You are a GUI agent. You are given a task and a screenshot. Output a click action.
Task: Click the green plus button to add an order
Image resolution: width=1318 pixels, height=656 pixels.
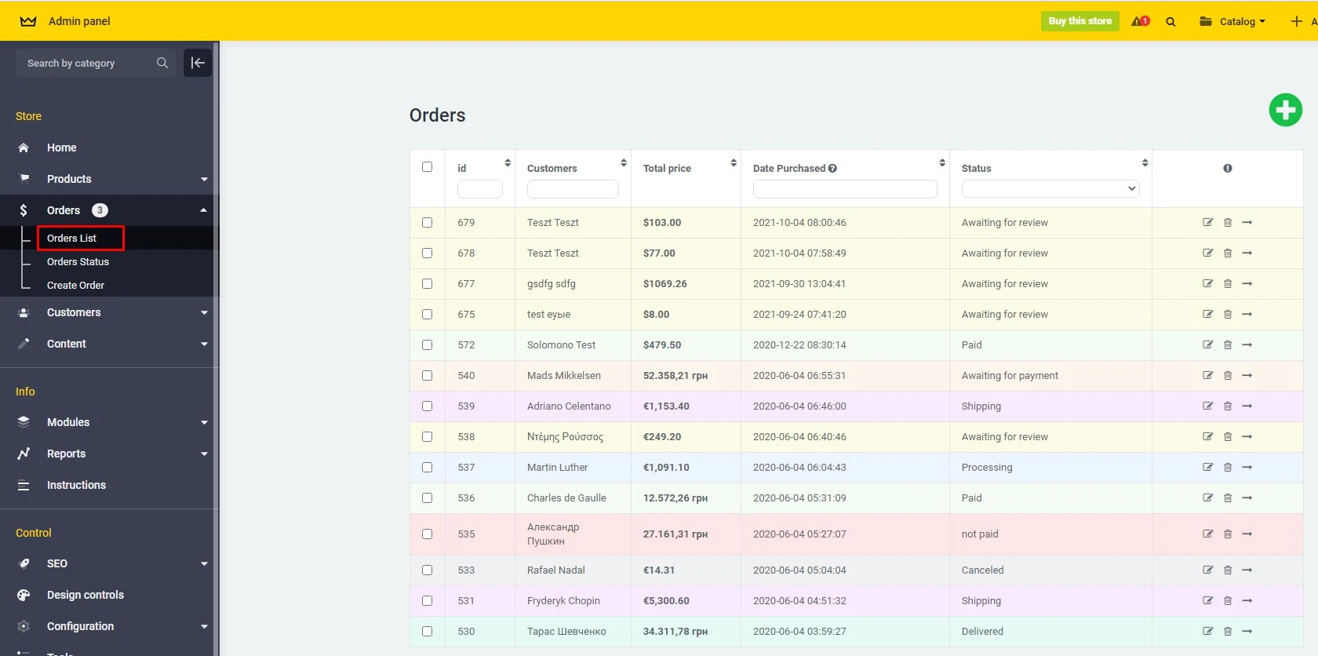click(1285, 110)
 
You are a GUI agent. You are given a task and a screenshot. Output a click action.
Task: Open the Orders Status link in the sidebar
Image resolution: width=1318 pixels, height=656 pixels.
click(78, 261)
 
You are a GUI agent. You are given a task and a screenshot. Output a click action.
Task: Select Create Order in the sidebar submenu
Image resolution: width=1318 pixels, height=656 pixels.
click(75, 285)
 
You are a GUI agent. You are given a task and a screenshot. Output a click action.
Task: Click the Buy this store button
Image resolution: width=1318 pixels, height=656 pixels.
click(1080, 21)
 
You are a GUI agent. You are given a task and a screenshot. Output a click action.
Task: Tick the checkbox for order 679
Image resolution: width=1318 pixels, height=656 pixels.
click(427, 222)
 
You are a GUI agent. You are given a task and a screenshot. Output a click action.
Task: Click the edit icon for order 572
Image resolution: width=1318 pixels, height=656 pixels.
click(1207, 344)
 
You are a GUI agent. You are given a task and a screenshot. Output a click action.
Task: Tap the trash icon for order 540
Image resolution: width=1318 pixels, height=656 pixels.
click(1228, 375)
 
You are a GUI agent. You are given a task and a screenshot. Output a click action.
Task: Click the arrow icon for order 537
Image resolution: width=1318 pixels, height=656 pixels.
click(1247, 467)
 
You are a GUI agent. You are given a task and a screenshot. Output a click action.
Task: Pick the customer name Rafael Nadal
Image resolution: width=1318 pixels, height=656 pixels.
click(555, 570)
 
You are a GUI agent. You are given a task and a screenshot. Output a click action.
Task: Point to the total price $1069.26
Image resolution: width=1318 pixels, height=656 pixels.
click(664, 283)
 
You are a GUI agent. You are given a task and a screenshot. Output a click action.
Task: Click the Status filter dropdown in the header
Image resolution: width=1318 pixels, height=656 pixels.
click(1050, 188)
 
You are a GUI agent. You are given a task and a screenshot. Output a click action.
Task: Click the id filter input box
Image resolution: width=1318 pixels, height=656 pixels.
click(479, 188)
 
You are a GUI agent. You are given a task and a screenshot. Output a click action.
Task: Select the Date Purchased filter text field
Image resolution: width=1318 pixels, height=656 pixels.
click(844, 188)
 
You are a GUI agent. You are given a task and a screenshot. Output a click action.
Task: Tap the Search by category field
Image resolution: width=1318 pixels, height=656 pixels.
click(86, 63)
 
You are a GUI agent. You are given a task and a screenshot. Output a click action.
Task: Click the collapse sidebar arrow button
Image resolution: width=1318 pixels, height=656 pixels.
click(198, 63)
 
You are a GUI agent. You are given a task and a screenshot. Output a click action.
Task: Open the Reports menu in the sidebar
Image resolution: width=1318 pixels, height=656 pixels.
click(67, 454)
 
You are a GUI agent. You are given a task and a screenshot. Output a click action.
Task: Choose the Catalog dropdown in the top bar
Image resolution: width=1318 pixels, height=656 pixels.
click(1233, 21)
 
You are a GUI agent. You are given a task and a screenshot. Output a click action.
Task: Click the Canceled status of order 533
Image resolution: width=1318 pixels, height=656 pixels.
click(982, 570)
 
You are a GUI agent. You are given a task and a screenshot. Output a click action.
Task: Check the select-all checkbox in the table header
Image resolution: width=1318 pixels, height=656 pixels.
click(427, 166)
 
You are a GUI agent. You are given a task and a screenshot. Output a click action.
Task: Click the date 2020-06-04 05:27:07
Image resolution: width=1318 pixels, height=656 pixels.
click(799, 534)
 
